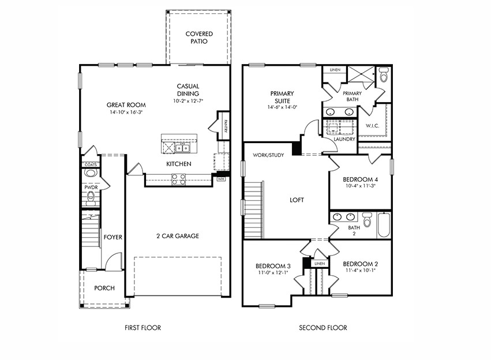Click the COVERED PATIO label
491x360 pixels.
pos(199,38)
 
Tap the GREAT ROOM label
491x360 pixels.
pos(126,105)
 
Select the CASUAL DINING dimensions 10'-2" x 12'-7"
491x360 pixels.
pos(188,102)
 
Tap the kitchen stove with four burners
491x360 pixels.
pos(178,180)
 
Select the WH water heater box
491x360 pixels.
pos(220,179)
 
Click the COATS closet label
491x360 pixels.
pos(91,164)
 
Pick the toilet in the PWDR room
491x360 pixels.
pos(90,199)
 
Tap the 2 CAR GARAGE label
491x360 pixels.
pos(178,236)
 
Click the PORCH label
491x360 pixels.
pos(104,288)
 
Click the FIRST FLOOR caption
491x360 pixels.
pos(143,328)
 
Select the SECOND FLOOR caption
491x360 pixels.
pos(323,328)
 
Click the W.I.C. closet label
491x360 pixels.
pos(372,125)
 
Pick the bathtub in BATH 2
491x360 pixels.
pos(384,226)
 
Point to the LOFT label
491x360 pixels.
pos(297,200)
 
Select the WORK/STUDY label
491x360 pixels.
pos(268,155)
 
